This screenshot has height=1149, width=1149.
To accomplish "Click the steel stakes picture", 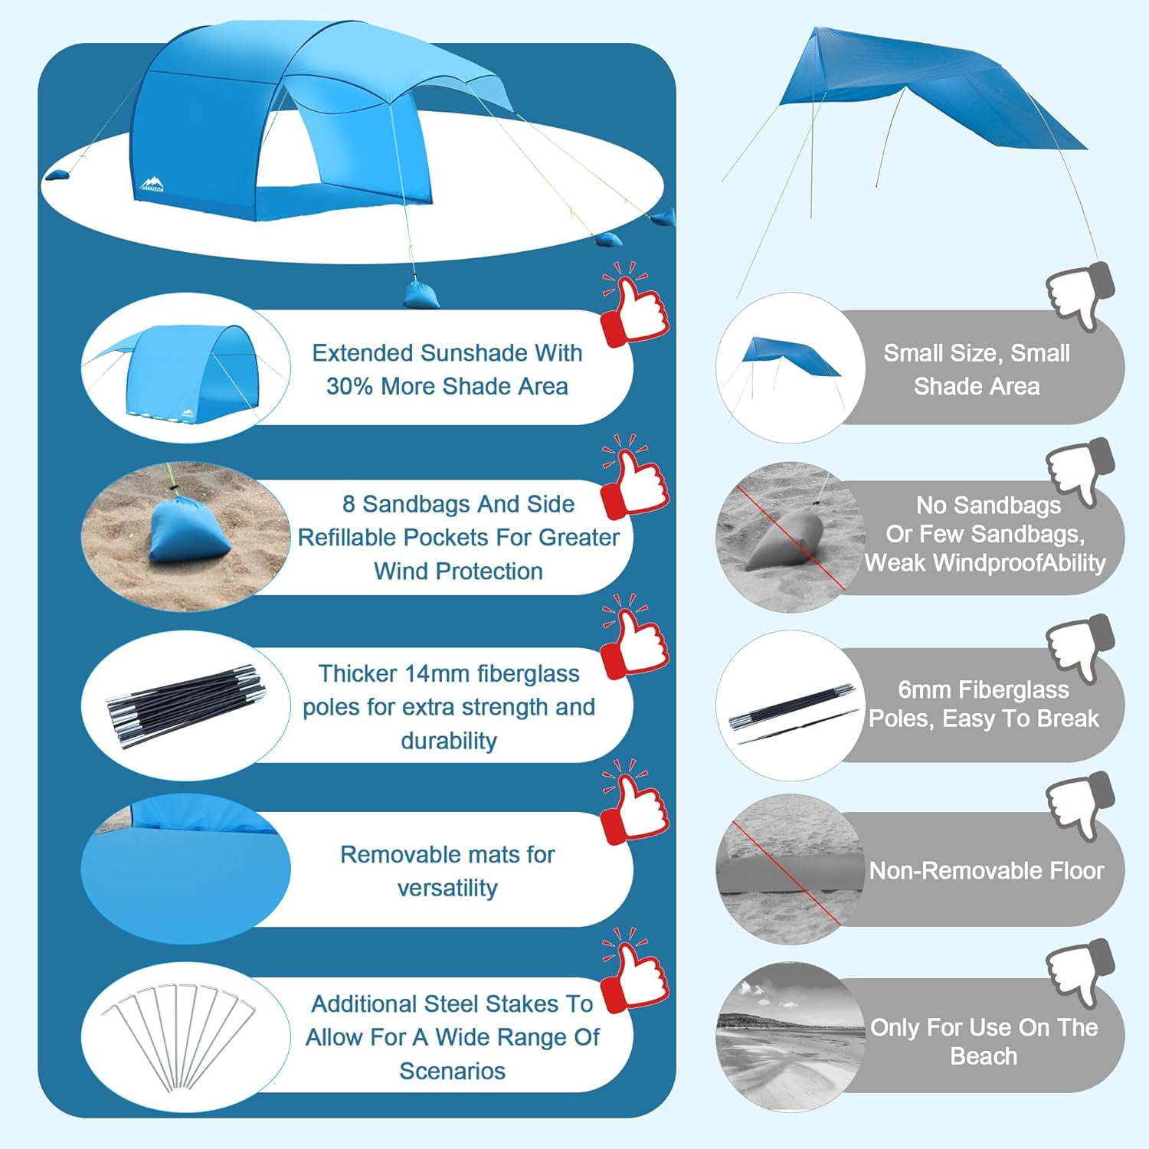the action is tap(178, 1036).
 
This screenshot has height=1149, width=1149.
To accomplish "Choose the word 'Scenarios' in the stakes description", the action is tap(452, 1071).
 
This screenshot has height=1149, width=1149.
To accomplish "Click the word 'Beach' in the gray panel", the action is tap(984, 1056).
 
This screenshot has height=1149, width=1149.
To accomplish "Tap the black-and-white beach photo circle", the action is tap(791, 1038).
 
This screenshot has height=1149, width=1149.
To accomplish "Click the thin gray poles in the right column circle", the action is tap(794, 714).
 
